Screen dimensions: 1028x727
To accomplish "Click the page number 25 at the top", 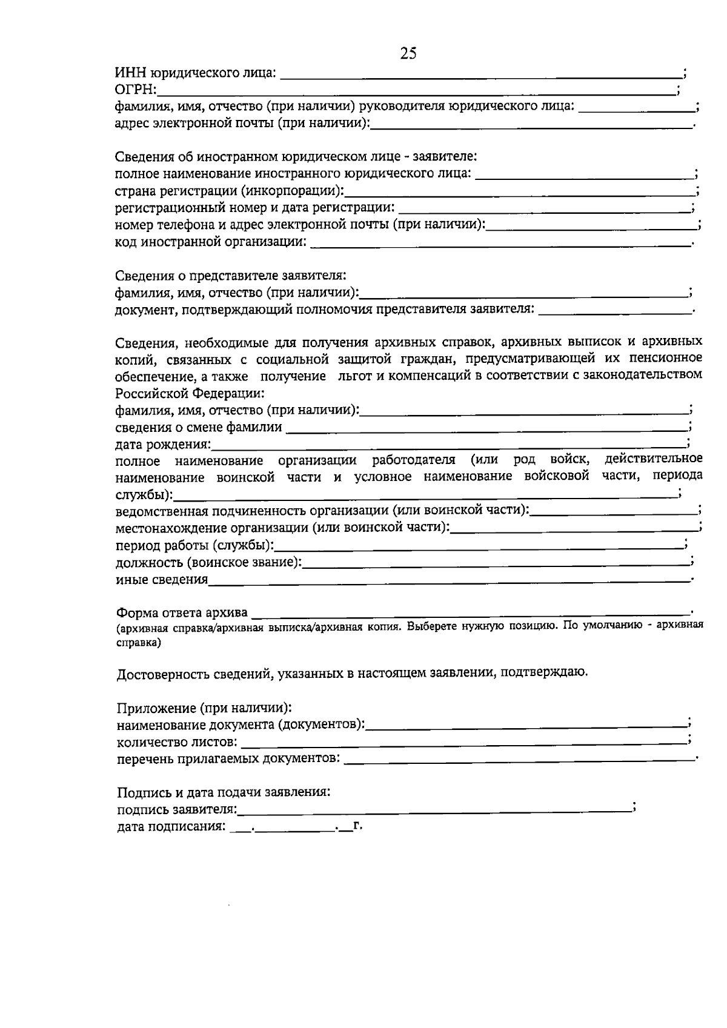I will (x=408, y=54).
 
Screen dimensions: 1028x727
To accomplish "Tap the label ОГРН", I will (x=135, y=91).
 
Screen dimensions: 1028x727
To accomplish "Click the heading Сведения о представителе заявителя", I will (x=231, y=276).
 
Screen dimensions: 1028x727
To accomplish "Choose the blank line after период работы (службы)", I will (x=479, y=547).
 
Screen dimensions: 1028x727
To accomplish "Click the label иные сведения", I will (x=161, y=580).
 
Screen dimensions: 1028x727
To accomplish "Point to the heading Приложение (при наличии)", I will (x=204, y=708).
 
